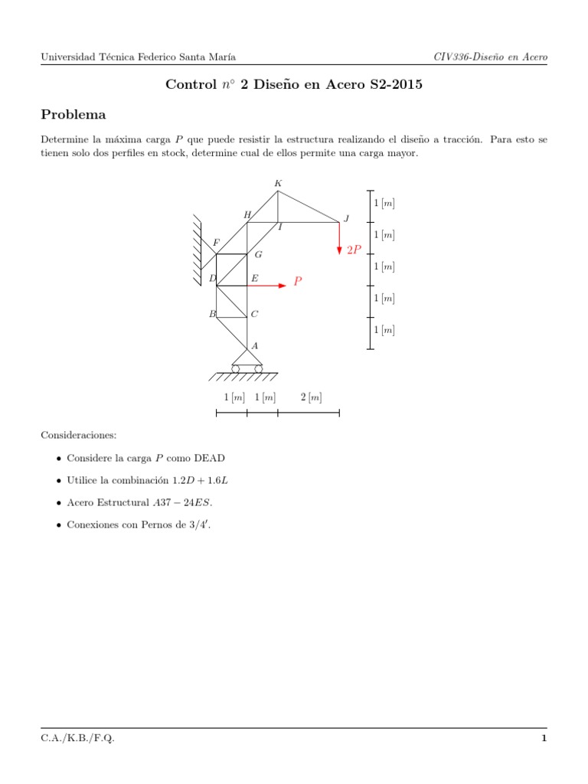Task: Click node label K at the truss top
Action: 278,183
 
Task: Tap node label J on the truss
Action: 346,219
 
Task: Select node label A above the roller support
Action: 255,346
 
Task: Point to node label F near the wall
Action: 216,243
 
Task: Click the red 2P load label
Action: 354,250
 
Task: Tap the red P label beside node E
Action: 298,282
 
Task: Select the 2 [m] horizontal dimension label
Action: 311,397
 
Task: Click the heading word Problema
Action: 73,115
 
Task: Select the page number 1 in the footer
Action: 544,738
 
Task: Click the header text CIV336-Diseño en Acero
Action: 490,57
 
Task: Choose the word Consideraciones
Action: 78,435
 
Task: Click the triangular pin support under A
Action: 247,358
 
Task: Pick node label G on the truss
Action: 259,255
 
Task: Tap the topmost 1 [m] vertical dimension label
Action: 384,204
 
